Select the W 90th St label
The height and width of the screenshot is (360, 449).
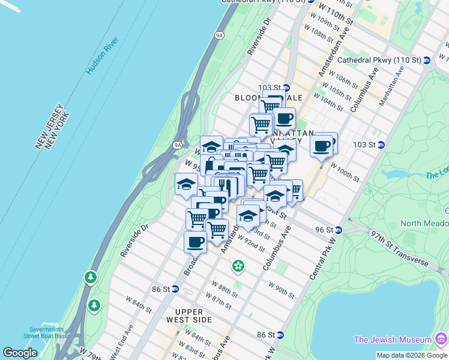[281, 289]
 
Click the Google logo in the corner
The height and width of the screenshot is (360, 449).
[20, 353]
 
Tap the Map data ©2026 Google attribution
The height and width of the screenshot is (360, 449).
[412, 355]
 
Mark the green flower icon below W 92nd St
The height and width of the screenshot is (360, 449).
[238, 265]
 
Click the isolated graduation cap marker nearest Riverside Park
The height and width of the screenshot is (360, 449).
[186, 184]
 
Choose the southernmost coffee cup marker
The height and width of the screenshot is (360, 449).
[195, 242]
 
